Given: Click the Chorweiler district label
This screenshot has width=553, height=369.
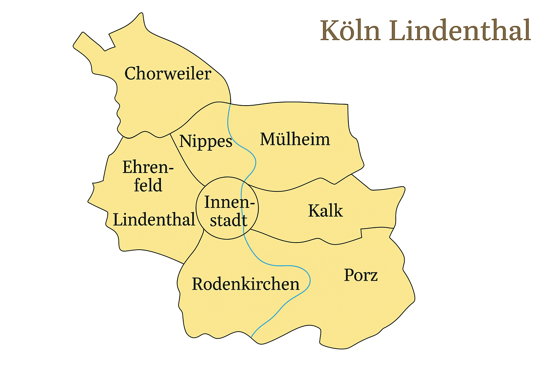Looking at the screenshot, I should (167, 74).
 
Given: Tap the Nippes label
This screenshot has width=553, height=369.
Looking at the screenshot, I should (206, 141).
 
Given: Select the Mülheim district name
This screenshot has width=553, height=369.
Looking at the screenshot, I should (295, 139).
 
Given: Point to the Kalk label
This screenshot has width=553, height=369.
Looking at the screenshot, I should (325, 211).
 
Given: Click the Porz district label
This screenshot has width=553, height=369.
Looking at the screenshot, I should (361, 276).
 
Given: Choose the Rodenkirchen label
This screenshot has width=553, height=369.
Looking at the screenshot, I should (246, 284).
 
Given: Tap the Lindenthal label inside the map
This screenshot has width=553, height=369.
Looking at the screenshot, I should (154, 219).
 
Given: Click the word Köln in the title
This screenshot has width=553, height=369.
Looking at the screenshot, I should (350, 31).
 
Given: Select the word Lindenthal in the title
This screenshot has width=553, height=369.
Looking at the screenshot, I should (460, 31).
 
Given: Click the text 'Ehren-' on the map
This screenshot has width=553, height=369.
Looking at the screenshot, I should (148, 168).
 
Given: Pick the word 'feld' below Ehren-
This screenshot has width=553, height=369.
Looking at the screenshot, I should (148, 186).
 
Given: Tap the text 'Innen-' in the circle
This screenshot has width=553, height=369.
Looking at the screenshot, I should (229, 202).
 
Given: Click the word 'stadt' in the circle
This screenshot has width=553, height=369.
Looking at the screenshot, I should (229, 220).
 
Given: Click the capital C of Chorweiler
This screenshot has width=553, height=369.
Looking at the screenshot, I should (130, 74).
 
